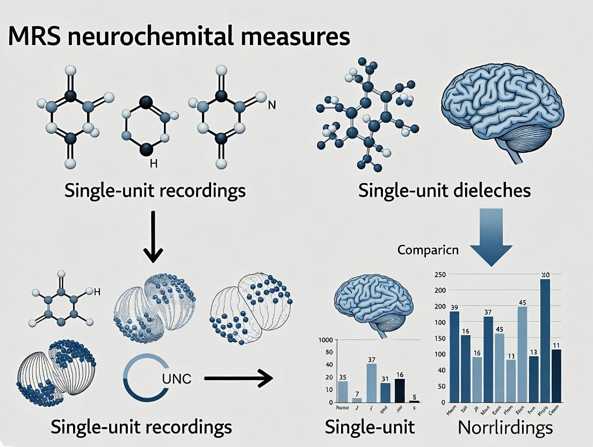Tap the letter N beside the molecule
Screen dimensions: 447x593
(272, 105)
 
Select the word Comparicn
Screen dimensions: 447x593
(429, 250)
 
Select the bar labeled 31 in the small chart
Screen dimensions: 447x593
(385, 392)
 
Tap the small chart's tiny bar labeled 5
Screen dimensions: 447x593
(414, 401)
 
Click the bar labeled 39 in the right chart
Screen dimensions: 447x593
(454, 357)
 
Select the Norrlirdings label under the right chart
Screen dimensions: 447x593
(505, 428)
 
